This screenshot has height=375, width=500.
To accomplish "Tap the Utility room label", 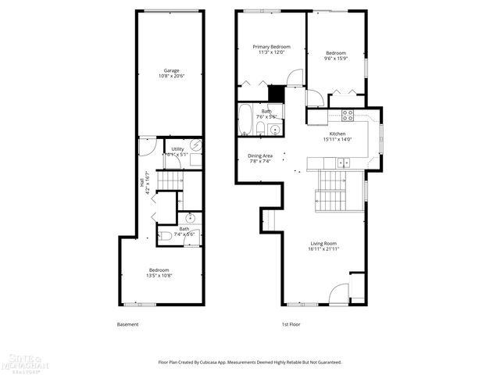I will click(x=178, y=150).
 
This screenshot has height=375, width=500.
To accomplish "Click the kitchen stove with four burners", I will click(x=348, y=115).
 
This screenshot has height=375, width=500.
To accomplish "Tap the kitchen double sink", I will click(x=343, y=164).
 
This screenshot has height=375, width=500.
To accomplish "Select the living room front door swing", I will click(x=338, y=295).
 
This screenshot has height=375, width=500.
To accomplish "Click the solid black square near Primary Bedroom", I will click(x=276, y=93).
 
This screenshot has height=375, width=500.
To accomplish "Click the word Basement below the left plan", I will click(x=127, y=324).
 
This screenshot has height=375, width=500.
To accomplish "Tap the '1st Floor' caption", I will click(x=291, y=324).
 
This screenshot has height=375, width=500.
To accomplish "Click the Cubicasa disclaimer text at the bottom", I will click(x=250, y=362).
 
